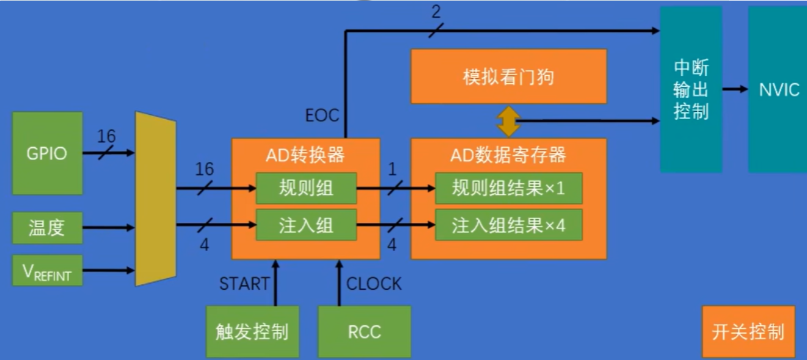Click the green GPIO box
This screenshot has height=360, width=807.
[x=47, y=153]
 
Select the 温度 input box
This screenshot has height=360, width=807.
[x=47, y=228]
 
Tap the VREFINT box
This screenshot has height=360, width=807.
[x=47, y=270]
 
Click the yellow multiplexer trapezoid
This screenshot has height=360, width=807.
[x=155, y=199]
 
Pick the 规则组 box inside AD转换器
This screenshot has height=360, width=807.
[x=306, y=188]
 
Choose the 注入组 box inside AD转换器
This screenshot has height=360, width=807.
[x=306, y=226]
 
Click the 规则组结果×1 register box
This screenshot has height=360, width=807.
[x=508, y=188]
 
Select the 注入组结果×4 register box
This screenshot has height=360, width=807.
[x=508, y=226]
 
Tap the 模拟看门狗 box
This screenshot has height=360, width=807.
[x=508, y=77]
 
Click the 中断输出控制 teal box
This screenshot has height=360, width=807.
[x=691, y=89]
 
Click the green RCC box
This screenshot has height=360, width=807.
[x=364, y=331]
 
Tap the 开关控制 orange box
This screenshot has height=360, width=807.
[x=748, y=331]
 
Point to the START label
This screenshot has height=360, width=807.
[x=244, y=284]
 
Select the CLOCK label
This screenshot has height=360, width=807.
[x=374, y=284]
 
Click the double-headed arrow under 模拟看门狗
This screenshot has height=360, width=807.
[x=508, y=121]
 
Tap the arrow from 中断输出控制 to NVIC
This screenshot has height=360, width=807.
[x=736, y=89]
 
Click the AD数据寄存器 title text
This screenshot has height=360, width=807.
[x=508, y=155]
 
